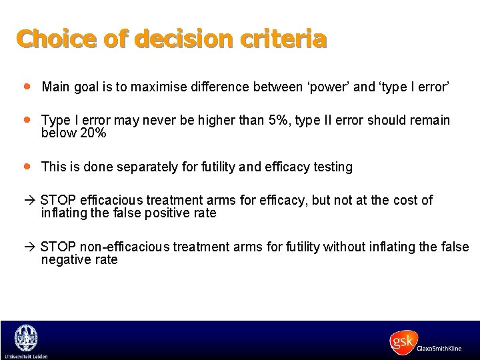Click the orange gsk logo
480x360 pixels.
pyautogui.click(x=403, y=342)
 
